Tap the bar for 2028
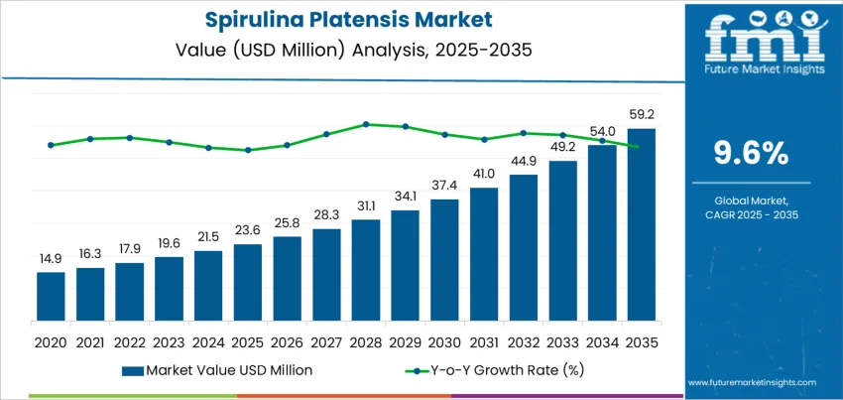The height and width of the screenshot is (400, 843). [366, 268]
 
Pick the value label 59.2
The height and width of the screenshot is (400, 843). [641, 115]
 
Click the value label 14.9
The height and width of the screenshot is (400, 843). [51, 259]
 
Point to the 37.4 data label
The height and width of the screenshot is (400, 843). [444, 186]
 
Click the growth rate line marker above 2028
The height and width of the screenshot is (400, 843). [366, 124]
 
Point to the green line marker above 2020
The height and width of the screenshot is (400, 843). [51, 145]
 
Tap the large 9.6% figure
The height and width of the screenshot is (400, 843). [751, 153]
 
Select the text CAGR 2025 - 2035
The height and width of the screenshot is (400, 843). [751, 214]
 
